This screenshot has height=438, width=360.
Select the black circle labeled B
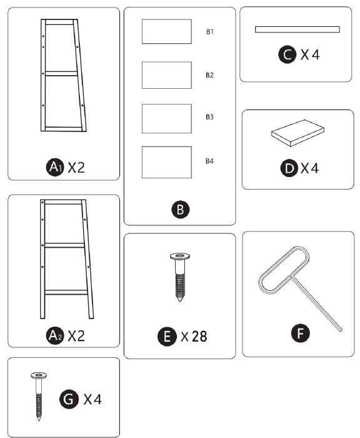point(180,210)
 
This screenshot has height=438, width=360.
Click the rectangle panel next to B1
point(166,31)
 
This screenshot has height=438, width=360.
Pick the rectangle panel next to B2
point(166,74)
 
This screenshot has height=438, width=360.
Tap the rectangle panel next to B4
point(166,161)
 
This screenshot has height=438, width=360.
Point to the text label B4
point(210,161)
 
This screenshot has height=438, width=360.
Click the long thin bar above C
point(297,29)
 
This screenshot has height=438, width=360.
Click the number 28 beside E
point(198,337)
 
